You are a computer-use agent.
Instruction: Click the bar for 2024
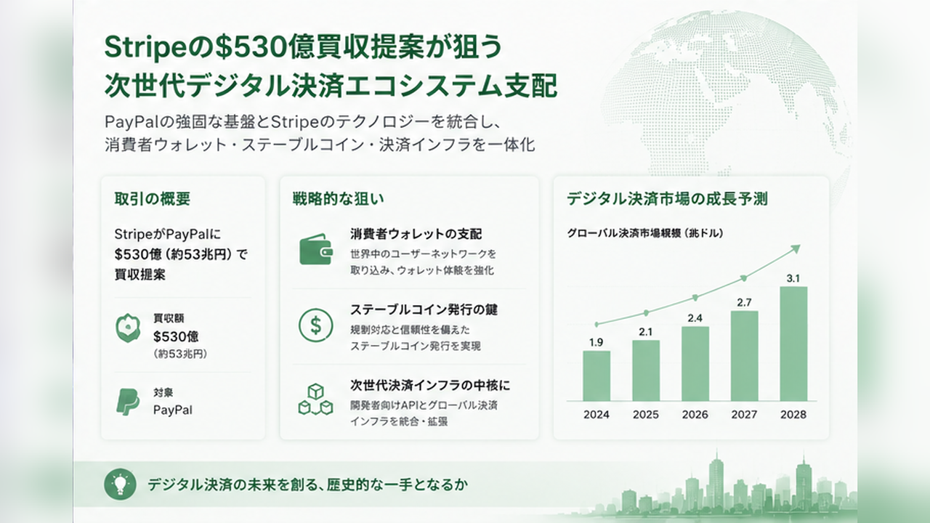coord(597,376)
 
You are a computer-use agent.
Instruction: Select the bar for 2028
coord(793,344)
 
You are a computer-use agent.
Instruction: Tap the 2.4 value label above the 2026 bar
coord(695,318)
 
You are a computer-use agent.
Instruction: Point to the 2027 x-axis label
coord(744,414)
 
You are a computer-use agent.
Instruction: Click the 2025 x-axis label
coord(646,414)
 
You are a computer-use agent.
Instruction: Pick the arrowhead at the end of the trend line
coord(796,249)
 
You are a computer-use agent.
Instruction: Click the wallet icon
coord(316,249)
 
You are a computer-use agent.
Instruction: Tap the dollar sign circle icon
coord(315,325)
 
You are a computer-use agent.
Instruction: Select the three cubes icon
coord(315,400)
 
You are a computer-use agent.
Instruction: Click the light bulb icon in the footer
coord(120,484)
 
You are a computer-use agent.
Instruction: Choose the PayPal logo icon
coord(128,402)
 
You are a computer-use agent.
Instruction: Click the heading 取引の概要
coord(153,199)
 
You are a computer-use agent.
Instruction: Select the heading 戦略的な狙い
coord(338,199)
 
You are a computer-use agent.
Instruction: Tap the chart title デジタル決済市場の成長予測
coord(667,199)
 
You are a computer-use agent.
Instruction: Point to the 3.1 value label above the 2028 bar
coord(793,278)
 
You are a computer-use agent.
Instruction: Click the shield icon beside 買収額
coord(128,328)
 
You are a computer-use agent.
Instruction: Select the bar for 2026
coord(695,364)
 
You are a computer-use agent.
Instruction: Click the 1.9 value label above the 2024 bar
coord(597,342)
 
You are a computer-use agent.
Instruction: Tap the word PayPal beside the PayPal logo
coord(173,410)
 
